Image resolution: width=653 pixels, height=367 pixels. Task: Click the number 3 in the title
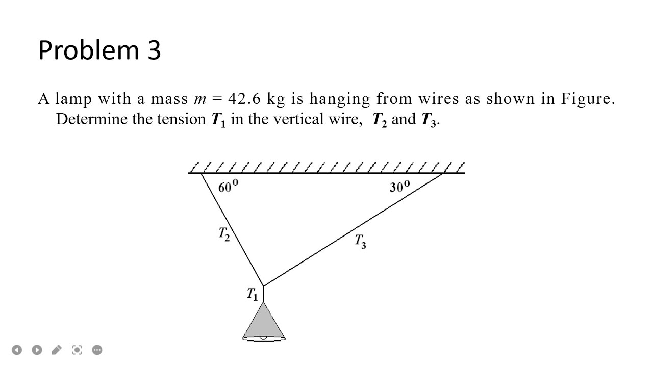[x=154, y=50]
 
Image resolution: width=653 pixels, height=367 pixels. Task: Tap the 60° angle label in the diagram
[x=228, y=187]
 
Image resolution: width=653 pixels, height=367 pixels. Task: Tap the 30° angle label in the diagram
[x=399, y=187]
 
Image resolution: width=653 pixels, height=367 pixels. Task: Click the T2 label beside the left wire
[x=224, y=234]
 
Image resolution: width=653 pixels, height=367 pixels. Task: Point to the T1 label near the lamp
[x=253, y=294]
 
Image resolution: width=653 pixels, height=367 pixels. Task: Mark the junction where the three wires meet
[x=263, y=286]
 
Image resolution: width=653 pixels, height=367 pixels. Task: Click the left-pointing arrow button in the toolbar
[x=17, y=350]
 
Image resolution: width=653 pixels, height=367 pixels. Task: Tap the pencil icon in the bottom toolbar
[x=57, y=350]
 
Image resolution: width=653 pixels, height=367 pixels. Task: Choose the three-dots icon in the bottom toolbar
[x=97, y=350]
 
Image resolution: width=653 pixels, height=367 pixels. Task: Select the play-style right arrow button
[x=37, y=350]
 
